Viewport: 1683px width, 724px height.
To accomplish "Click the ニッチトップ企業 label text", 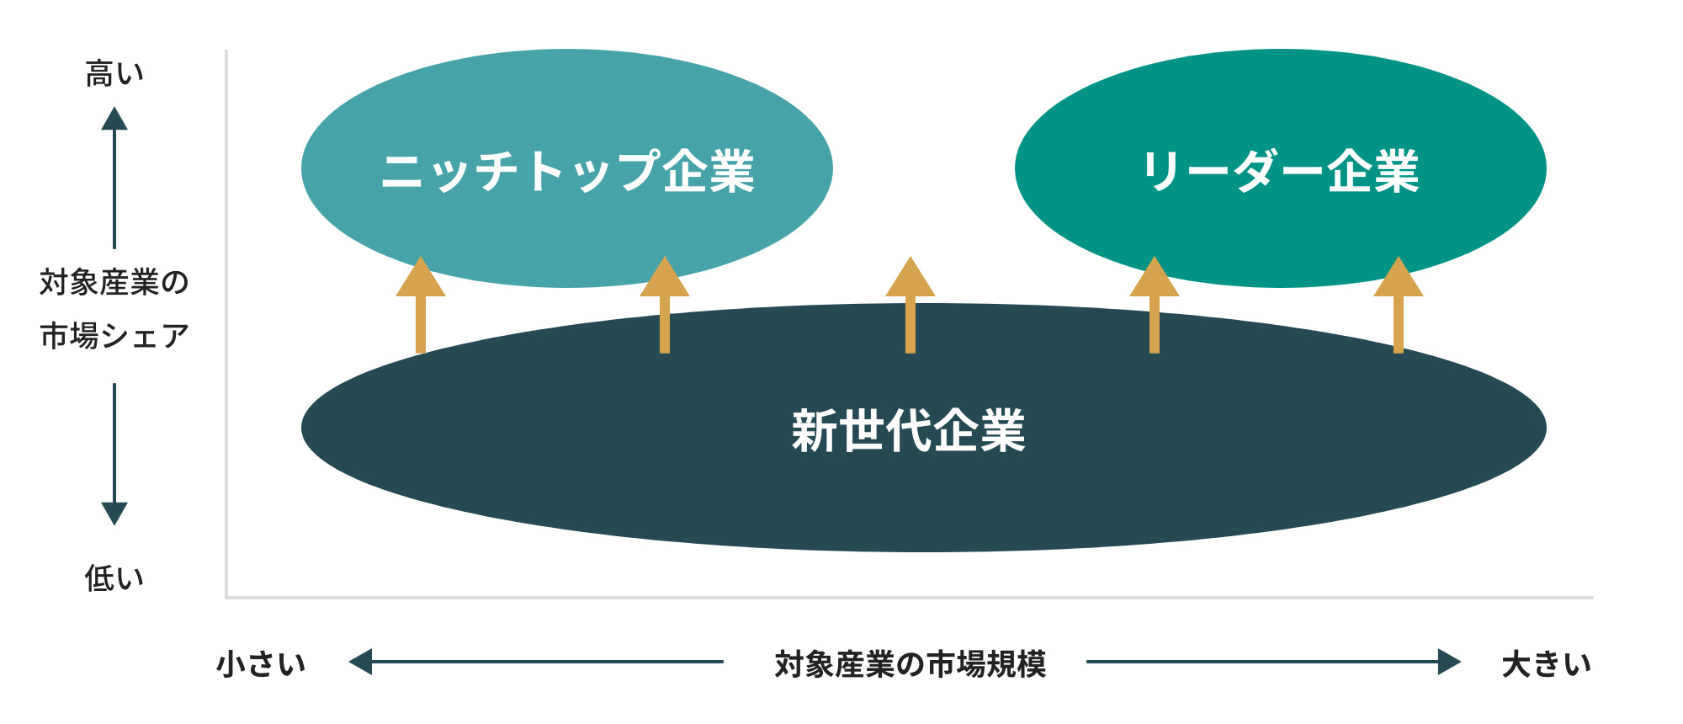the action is [x=568, y=171].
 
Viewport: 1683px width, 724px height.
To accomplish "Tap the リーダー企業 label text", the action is [x=1281, y=171].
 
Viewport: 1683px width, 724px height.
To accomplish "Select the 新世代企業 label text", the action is [x=909, y=431].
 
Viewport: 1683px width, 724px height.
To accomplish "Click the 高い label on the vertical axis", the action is [x=115, y=74].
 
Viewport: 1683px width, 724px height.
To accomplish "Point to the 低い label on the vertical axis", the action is [x=115, y=578].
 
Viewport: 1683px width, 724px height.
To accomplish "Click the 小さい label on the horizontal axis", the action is [x=262, y=663].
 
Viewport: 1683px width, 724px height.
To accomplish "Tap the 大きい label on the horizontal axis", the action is [x=1547, y=663].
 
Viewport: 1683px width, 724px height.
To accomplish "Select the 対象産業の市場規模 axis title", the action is [x=911, y=663].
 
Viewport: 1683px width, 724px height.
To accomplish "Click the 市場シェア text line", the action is [x=115, y=336].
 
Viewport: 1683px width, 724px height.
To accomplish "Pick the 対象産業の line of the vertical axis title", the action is [x=115, y=282].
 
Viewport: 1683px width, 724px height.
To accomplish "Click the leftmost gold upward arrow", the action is [x=421, y=305].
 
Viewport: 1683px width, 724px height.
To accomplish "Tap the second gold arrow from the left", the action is [x=665, y=305].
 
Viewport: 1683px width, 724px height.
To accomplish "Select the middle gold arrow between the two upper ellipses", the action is [x=911, y=305].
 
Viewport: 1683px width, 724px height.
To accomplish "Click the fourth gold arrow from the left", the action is [x=1155, y=305].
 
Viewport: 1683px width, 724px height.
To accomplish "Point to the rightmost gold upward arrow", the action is [x=1399, y=305].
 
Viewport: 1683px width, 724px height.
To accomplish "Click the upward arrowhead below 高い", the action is [x=114, y=120].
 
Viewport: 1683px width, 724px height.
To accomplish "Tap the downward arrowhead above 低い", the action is [x=114, y=514].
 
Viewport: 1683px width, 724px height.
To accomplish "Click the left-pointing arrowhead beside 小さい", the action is [x=360, y=662].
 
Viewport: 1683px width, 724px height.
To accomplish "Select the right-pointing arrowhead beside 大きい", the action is [x=1450, y=662].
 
